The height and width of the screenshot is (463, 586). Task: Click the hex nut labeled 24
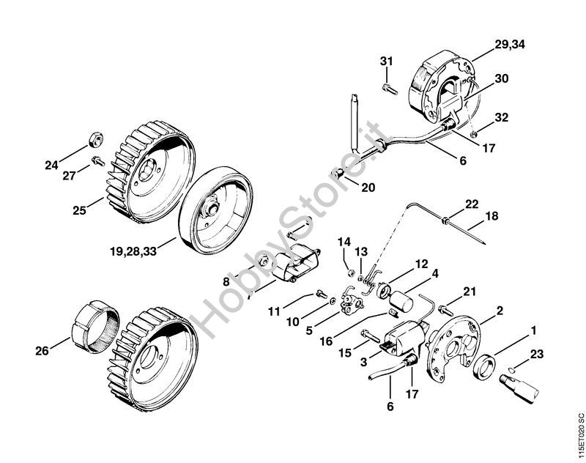[97, 139]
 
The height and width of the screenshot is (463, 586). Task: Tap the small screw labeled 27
[98, 161]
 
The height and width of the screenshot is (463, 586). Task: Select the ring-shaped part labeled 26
[95, 327]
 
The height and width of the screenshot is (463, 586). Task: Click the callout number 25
[79, 210]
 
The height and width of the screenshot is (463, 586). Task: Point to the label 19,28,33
[133, 251]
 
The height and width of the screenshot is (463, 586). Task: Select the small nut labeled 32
[473, 134]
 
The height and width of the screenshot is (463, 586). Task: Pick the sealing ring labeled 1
[485, 367]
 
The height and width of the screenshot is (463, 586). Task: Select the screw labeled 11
[322, 294]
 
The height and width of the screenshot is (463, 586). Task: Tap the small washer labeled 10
[333, 301]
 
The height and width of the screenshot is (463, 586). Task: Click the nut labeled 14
[352, 273]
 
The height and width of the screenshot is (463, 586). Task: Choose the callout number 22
[472, 204]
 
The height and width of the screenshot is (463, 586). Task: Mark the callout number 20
[368, 188]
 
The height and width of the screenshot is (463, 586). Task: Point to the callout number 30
[502, 78]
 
